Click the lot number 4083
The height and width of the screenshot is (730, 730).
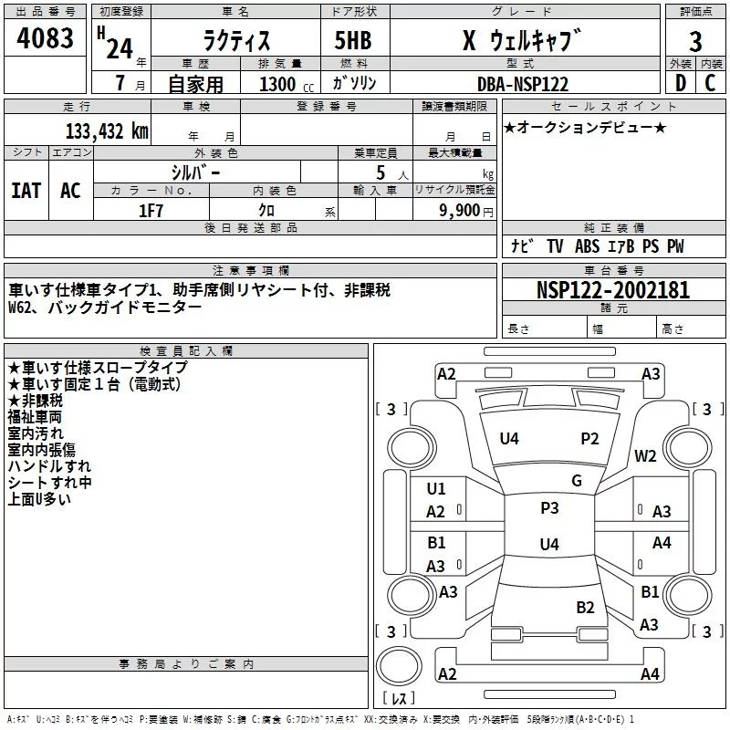click(x=45, y=37)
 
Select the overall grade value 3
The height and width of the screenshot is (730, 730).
click(x=695, y=41)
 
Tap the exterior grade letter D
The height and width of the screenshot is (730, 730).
click(x=681, y=83)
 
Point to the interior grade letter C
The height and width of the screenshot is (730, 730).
click(x=710, y=83)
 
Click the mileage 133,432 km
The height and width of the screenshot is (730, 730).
click(x=107, y=131)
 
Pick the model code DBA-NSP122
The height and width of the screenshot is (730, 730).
click(x=523, y=84)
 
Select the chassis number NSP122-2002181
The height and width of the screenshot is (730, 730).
click(x=613, y=290)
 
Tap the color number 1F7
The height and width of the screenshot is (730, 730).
click(x=151, y=211)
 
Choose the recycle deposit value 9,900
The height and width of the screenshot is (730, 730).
click(x=460, y=211)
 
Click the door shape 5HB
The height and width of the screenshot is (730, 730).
click(x=353, y=40)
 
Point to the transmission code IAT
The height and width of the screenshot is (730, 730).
click(x=26, y=191)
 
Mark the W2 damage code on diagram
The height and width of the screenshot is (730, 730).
click(x=645, y=455)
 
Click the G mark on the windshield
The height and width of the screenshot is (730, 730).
click(x=577, y=480)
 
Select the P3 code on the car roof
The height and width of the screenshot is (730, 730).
click(x=549, y=507)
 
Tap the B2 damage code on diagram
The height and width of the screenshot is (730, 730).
click(x=585, y=607)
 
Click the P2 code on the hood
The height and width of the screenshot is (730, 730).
click(x=589, y=438)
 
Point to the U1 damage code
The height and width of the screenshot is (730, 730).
click(x=436, y=488)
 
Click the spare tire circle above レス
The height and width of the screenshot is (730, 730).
click(x=399, y=665)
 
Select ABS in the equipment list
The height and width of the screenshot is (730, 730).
click(x=587, y=246)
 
